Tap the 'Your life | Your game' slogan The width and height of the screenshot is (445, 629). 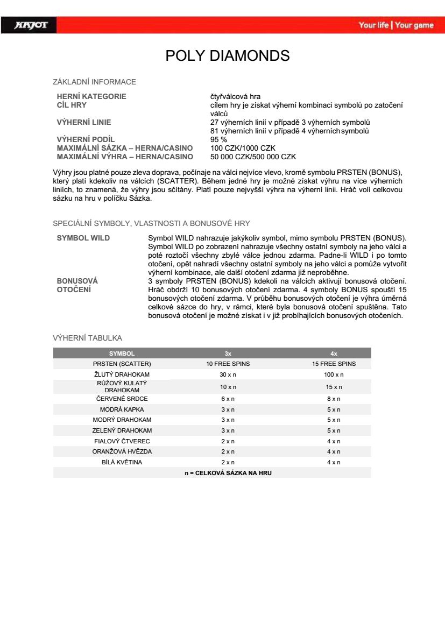tap(396, 25)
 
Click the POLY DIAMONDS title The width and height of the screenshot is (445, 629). tap(227, 55)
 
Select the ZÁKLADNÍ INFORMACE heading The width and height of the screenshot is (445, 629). tap(94, 82)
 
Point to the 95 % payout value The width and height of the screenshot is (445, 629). tap(218, 139)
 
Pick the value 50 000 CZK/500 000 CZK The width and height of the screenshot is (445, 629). tap(253, 157)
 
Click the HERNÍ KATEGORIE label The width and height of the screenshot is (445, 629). tap(91, 96)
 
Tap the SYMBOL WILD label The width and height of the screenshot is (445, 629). tap(83, 238)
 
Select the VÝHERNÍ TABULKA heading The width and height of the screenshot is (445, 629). tap(87, 338)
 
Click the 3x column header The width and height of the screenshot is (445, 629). tap(228, 354)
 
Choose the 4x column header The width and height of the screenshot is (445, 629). tap(334, 354)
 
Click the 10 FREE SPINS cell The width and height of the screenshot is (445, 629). tap(228, 364)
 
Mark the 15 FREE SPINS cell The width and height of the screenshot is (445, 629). tap(334, 364)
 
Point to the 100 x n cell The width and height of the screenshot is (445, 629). tap(334, 374)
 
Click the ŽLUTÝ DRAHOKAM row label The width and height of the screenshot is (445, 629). tap(122, 374)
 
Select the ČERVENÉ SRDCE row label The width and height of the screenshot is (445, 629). tap(122, 399)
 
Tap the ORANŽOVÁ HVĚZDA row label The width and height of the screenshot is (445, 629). tap(122, 451)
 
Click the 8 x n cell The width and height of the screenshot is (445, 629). tap(334, 399)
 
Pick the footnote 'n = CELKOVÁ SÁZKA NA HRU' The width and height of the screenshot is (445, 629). tap(228, 472)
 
